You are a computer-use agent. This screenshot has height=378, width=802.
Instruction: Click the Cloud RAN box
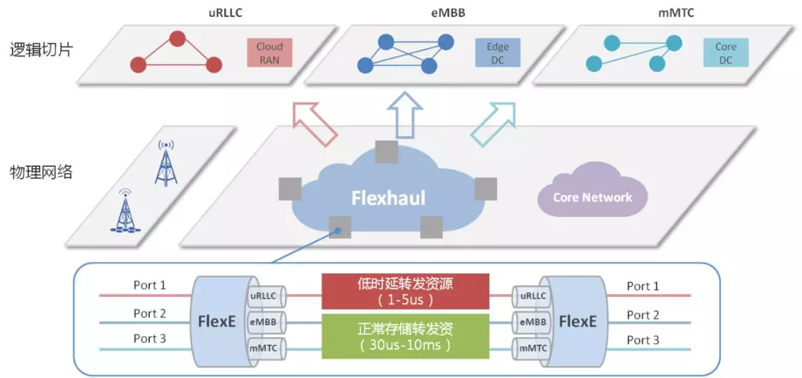270,53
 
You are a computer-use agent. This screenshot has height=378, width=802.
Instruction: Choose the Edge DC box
498,53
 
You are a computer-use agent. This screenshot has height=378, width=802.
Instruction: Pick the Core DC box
726,53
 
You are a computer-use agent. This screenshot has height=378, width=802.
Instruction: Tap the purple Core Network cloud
592,198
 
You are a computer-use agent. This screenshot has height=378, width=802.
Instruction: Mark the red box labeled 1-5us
405,291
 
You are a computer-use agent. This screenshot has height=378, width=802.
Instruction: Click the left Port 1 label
149,285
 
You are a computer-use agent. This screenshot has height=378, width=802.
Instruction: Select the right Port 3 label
642,339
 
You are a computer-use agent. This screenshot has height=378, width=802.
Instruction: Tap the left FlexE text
218,322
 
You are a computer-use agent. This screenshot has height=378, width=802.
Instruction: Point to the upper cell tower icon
166,163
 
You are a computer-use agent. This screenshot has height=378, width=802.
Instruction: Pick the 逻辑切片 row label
41,51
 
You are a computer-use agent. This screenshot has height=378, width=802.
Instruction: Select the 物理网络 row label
41,172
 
